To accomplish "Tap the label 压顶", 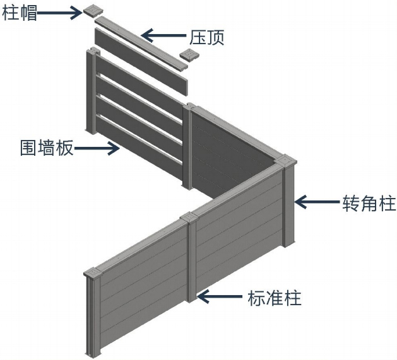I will pyautogui.click(x=206, y=37).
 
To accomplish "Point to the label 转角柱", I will pyautogui.click(x=369, y=204).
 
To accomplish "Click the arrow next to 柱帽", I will pyautogui.click(x=61, y=13).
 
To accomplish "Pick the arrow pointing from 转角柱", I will pyautogui.click(x=317, y=202).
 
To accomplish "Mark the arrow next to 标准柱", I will pyautogui.click(x=220, y=295).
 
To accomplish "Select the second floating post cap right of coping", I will pyautogui.click(x=189, y=55).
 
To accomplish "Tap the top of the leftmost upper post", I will pyautogui.click(x=92, y=54).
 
